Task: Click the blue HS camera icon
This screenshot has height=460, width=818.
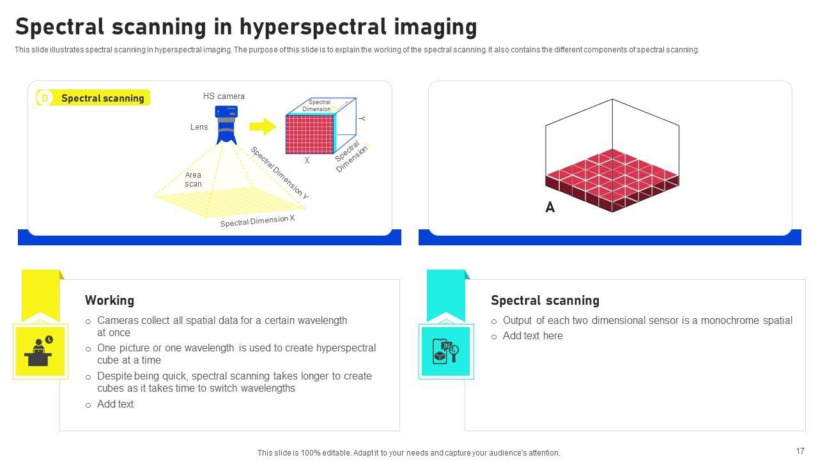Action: click(226, 124)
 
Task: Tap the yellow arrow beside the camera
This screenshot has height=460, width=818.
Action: click(262, 126)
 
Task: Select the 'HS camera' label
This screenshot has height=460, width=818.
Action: click(224, 96)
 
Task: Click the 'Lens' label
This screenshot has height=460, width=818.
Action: click(199, 127)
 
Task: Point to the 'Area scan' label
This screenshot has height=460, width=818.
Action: click(193, 180)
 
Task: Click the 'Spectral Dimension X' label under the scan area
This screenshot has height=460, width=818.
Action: click(258, 221)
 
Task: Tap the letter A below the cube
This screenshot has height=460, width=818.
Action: click(550, 208)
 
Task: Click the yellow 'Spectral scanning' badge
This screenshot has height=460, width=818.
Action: click(93, 98)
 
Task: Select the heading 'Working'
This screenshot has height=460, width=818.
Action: click(109, 300)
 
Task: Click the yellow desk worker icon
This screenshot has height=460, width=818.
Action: click(40, 351)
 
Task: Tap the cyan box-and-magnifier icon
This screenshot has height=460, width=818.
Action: click(446, 351)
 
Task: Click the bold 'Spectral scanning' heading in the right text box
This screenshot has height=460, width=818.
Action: click(544, 300)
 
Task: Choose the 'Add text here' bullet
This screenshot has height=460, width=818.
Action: click(532, 336)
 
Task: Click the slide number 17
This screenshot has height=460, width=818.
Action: click(800, 451)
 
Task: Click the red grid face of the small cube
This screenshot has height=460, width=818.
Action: click(309, 134)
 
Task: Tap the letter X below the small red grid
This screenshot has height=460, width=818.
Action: click(307, 161)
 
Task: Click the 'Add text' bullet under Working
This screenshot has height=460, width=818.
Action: click(115, 404)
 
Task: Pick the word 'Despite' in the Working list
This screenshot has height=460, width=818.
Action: click(114, 376)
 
